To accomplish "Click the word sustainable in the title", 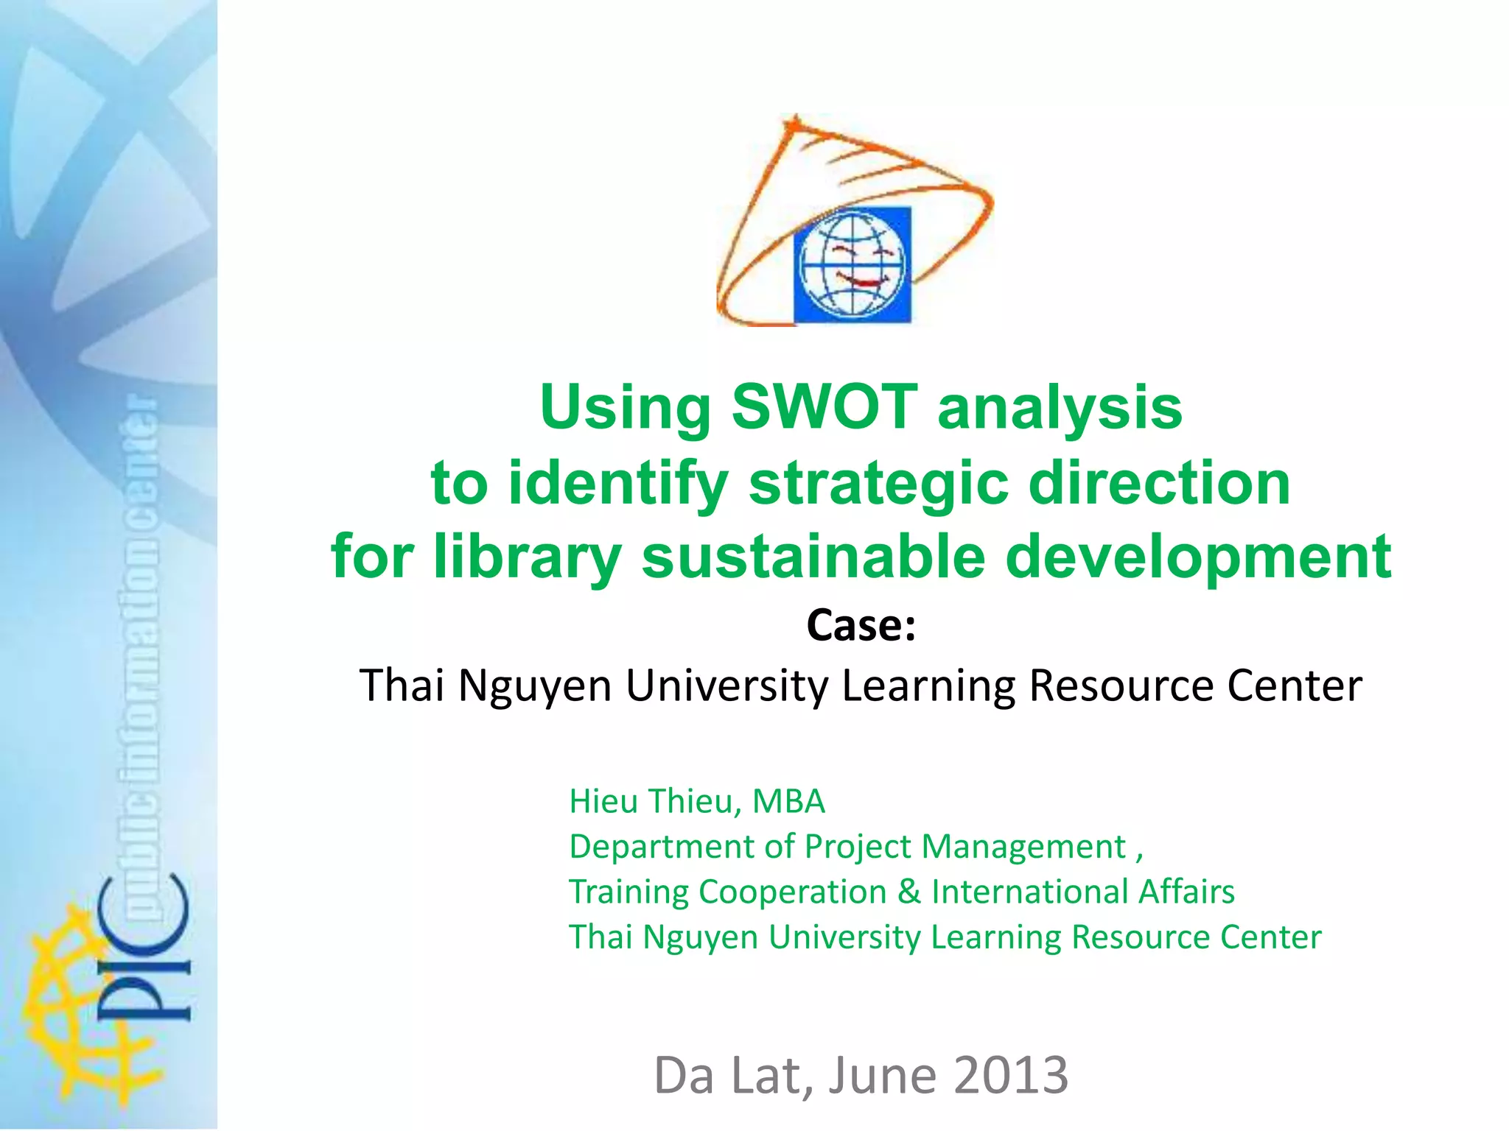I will (813, 557).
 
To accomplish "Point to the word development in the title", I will (1199, 558).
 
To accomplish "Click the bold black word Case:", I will (861, 626).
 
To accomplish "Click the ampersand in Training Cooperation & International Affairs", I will (909, 892).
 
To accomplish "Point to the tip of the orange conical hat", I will (794, 118).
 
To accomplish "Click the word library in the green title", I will (528, 558).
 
